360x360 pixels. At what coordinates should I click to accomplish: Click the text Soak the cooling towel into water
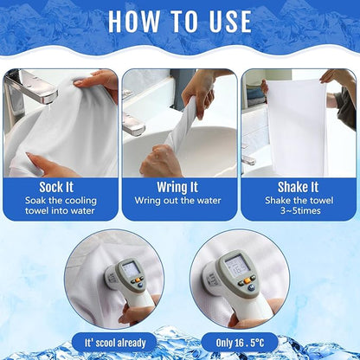pyautogui.click(x=60, y=207)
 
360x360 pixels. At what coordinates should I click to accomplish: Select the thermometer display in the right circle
pyautogui.click(x=235, y=265)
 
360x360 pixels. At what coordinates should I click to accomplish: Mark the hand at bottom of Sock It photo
pyautogui.click(x=43, y=163)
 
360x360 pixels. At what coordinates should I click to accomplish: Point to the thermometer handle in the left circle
pyautogui.click(x=130, y=307)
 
